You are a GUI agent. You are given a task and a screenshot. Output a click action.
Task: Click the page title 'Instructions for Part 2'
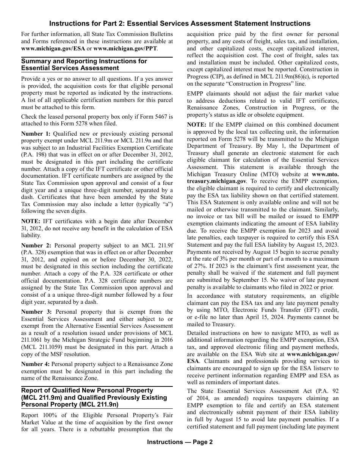180,23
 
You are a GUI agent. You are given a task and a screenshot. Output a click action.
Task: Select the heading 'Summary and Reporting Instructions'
84,65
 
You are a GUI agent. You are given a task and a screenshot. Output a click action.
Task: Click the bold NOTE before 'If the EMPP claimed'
197,125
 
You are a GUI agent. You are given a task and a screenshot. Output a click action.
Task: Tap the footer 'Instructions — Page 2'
180,442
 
